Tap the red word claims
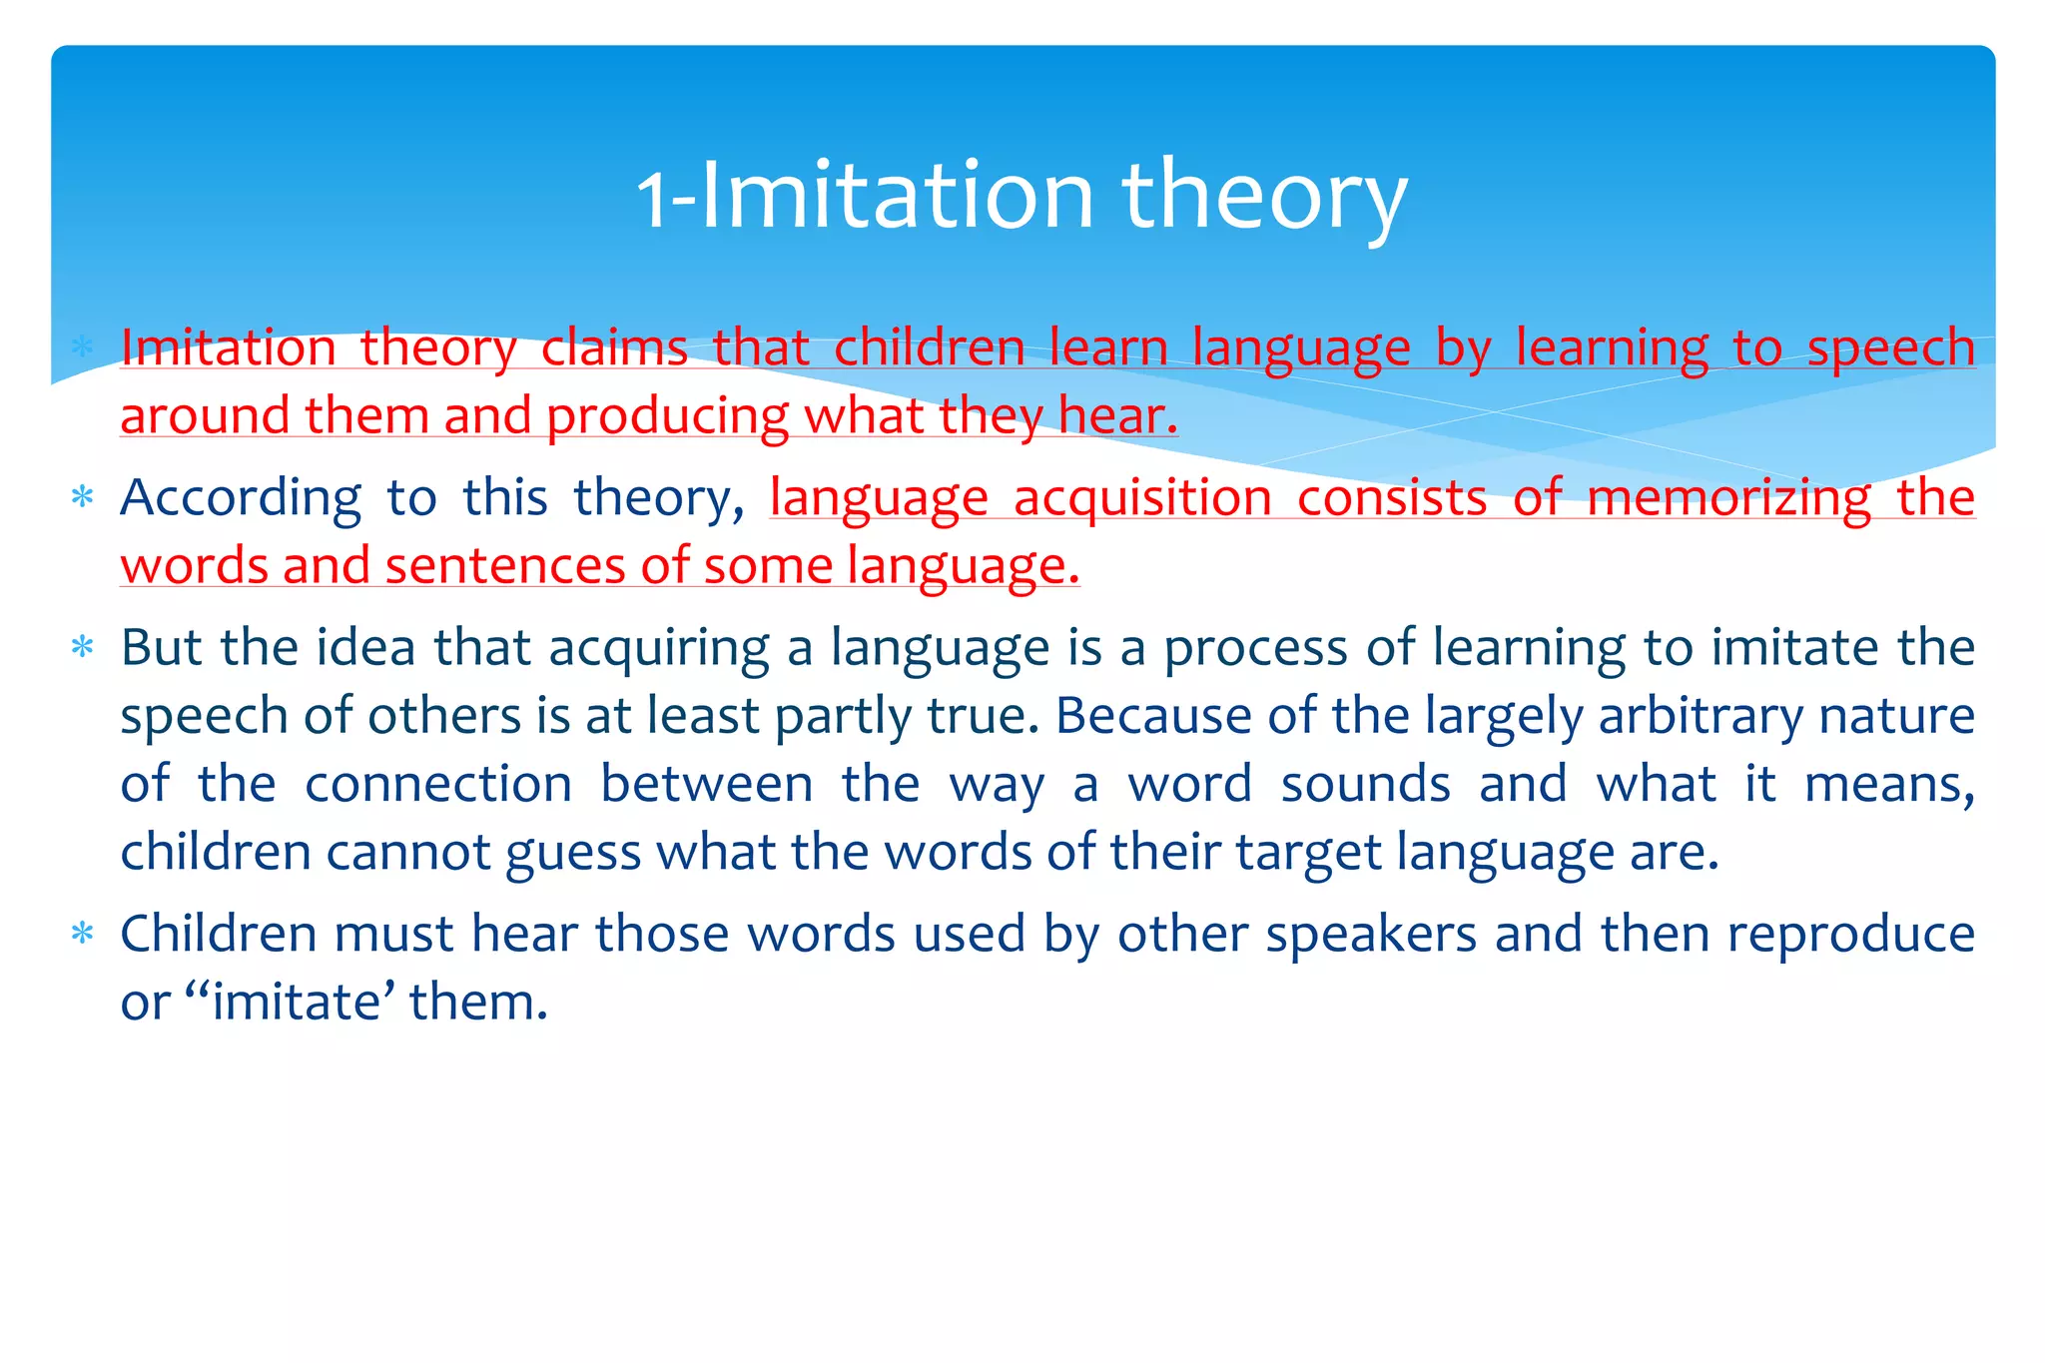(x=614, y=349)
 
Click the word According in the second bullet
(x=241, y=498)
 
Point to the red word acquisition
(x=1142, y=498)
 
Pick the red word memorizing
(x=1728, y=498)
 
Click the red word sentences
(x=504, y=566)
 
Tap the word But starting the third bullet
(x=161, y=648)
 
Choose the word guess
(x=572, y=854)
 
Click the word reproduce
(x=1850, y=936)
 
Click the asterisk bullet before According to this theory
(x=83, y=497)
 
